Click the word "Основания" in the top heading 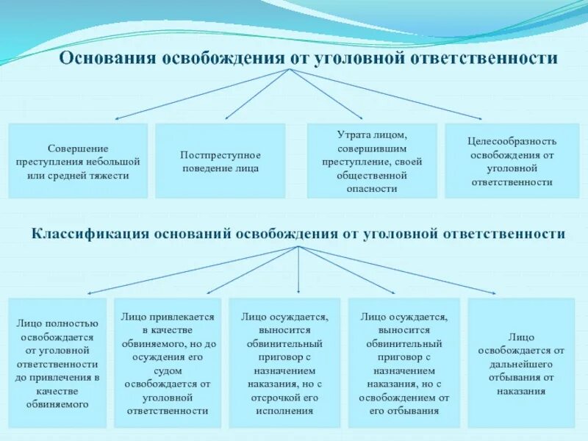[x=109, y=58]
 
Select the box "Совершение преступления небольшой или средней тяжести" [x=78, y=161]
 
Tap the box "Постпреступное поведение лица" [x=220, y=161]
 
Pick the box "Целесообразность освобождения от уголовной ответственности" [x=512, y=161]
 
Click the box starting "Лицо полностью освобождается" [x=57, y=362]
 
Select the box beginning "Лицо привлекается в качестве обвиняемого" [x=168, y=362]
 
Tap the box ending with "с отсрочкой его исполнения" [x=284, y=362]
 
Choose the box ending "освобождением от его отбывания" [x=403, y=362]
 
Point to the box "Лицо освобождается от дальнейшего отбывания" [x=520, y=362]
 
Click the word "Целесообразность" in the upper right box [x=512, y=140]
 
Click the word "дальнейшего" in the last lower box [x=520, y=363]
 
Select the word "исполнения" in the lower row [x=284, y=412]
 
